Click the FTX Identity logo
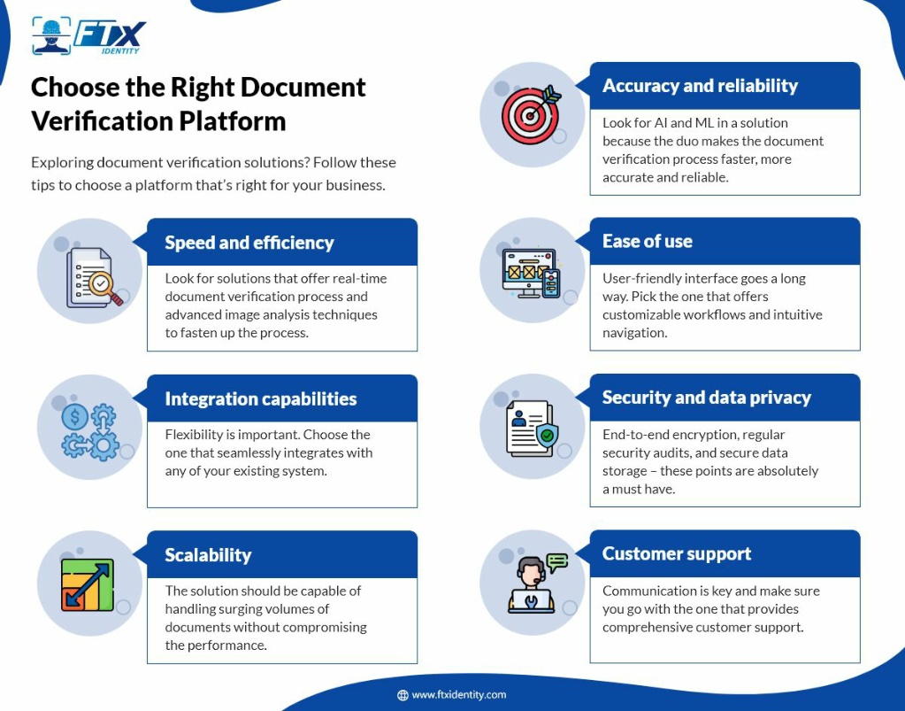(x=88, y=36)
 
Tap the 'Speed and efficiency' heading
(x=249, y=243)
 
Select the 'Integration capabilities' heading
(x=261, y=399)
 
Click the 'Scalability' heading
(x=209, y=555)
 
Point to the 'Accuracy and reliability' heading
(x=700, y=86)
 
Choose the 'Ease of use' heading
(x=648, y=242)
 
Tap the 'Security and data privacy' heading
(x=707, y=398)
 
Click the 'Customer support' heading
(x=677, y=554)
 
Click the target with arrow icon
(x=531, y=114)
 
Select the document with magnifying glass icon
(x=94, y=278)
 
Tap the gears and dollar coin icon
(x=90, y=432)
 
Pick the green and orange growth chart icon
(x=88, y=585)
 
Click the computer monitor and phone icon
(x=531, y=274)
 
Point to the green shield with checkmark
(x=547, y=436)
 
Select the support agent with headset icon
(x=537, y=583)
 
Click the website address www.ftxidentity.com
(x=459, y=695)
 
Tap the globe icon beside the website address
(x=403, y=695)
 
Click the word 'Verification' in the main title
(x=101, y=121)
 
